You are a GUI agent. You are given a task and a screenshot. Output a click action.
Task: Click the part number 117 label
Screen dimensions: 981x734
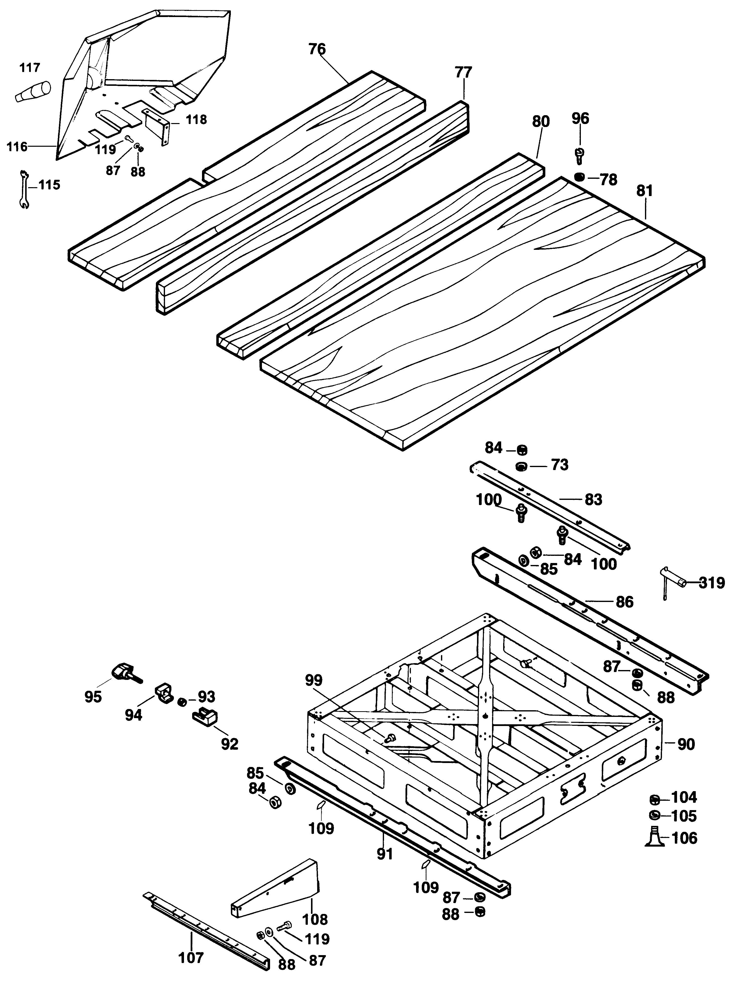[x=30, y=68]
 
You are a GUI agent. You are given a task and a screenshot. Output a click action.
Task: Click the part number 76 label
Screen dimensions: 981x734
[x=317, y=49]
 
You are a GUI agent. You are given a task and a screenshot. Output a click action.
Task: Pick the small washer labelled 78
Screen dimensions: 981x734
[x=579, y=177]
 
